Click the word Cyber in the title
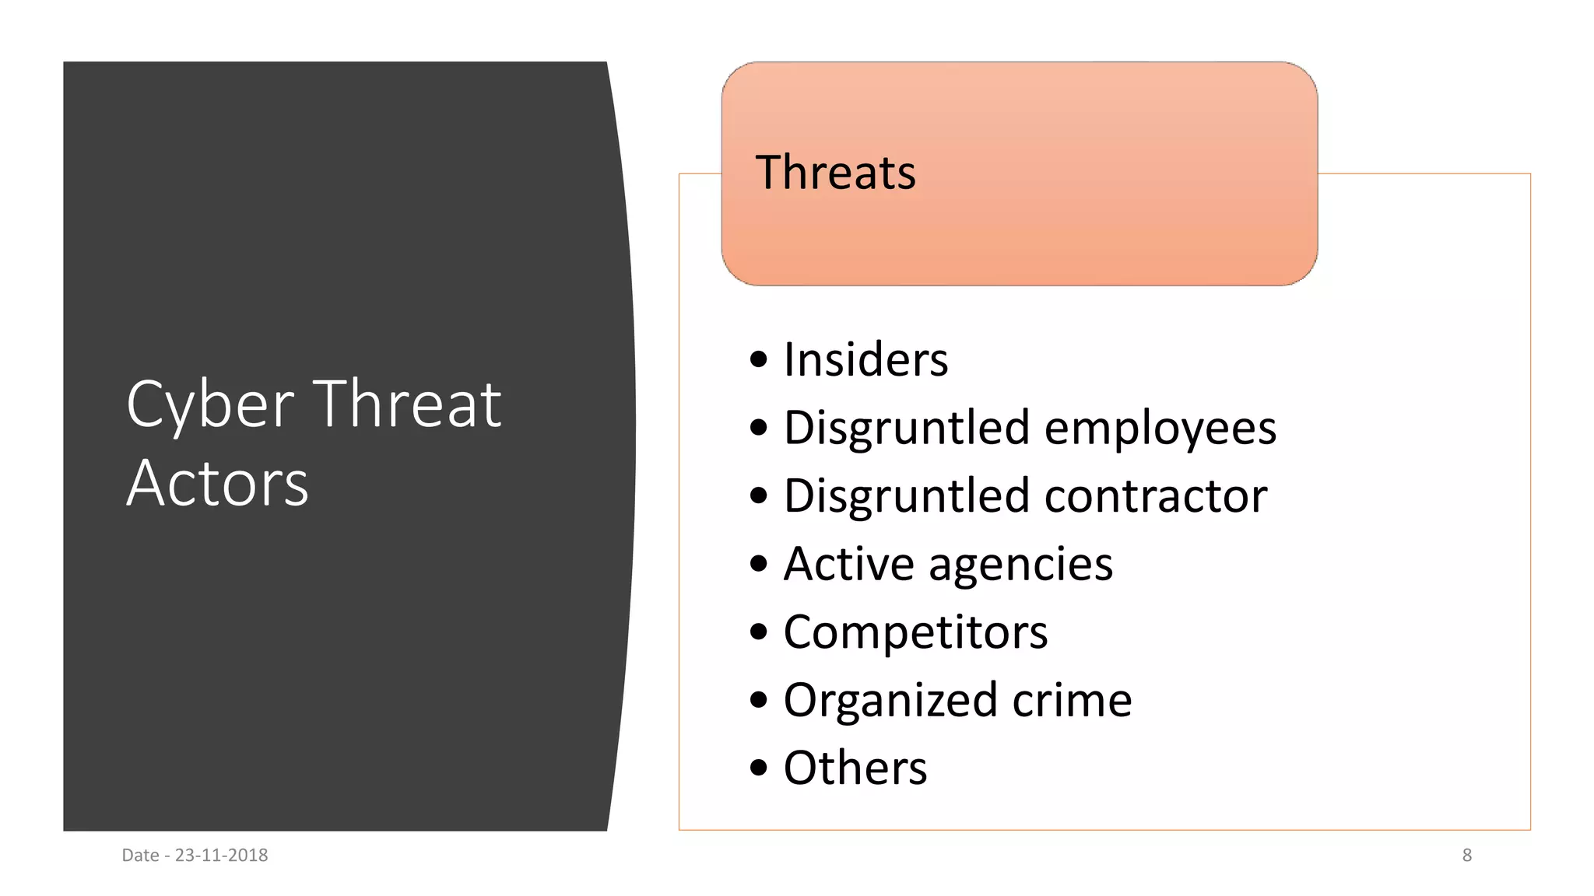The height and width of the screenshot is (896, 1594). point(209,405)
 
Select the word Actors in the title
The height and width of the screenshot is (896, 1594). point(217,484)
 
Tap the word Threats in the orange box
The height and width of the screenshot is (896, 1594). point(835,173)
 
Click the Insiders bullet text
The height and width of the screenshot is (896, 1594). point(865,360)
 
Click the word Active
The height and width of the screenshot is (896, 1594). point(849,564)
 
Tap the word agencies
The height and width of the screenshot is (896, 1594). point(1020,565)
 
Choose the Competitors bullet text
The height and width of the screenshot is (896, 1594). point(915,632)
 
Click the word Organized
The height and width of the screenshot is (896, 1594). point(890,701)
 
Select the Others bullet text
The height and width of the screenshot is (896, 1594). point(855,768)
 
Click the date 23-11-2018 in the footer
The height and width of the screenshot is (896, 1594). point(221,856)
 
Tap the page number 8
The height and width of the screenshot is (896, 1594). point(1466,856)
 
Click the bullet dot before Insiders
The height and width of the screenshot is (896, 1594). point(759,360)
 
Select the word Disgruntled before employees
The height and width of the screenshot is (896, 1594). point(907,428)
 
